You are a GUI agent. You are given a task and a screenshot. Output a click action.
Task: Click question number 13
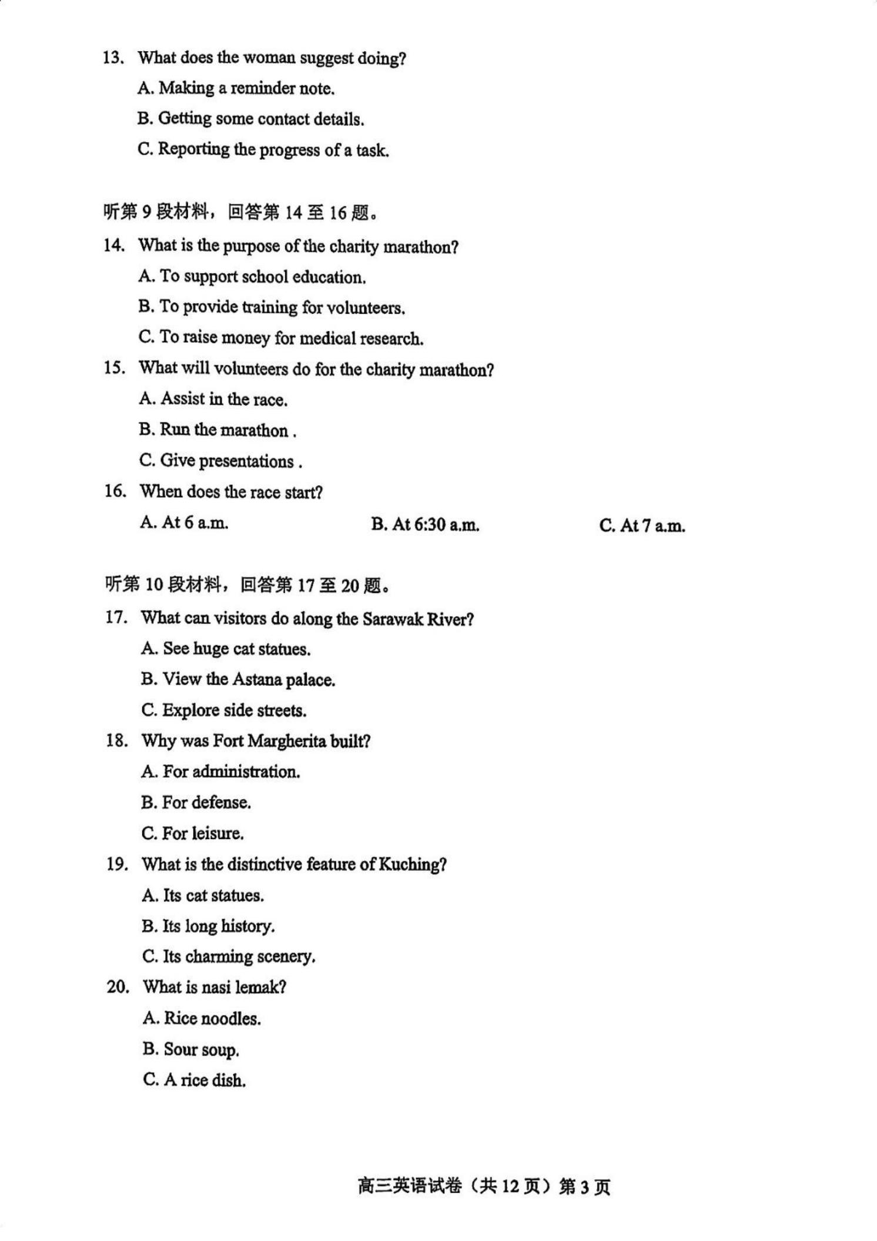pyautogui.click(x=113, y=58)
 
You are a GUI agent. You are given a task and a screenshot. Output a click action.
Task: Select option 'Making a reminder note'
pyautogui.click(x=236, y=88)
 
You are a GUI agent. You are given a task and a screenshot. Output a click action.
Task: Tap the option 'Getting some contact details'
pyautogui.click(x=251, y=119)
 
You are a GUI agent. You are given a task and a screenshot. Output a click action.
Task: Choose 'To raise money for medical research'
pyautogui.click(x=281, y=338)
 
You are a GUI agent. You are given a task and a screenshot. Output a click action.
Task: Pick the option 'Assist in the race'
pyautogui.click(x=213, y=399)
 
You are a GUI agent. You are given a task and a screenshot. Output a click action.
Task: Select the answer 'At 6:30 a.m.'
pyautogui.click(x=425, y=524)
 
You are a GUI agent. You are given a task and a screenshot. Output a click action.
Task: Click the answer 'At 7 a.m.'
pyautogui.click(x=642, y=525)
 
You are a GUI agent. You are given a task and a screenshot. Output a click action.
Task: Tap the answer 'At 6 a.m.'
pyautogui.click(x=184, y=522)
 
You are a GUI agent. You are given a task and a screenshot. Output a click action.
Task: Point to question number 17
pyautogui.click(x=116, y=618)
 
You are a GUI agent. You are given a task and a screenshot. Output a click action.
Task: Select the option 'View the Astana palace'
pyautogui.click(x=238, y=680)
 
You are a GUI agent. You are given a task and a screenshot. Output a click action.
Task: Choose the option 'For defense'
pyautogui.click(x=196, y=803)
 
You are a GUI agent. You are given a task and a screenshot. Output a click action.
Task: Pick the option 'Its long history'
pyautogui.click(x=209, y=926)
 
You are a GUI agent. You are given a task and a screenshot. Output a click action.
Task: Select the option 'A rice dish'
pyautogui.click(x=195, y=1080)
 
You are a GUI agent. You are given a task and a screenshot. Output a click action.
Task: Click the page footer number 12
pyautogui.click(x=510, y=1187)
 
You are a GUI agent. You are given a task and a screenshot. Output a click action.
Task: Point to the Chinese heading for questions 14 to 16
pyautogui.click(x=241, y=212)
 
